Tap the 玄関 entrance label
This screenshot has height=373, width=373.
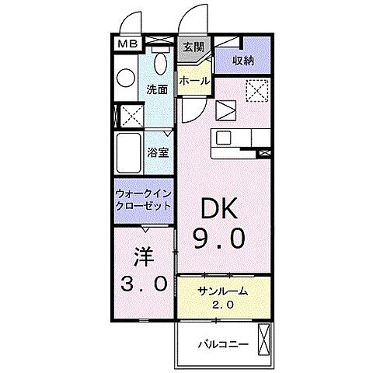pos(193,47)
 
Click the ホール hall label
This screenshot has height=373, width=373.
pos(193,80)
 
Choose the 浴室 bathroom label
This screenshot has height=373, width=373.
pos(158,152)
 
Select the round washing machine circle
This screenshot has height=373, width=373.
pos(125,78)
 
